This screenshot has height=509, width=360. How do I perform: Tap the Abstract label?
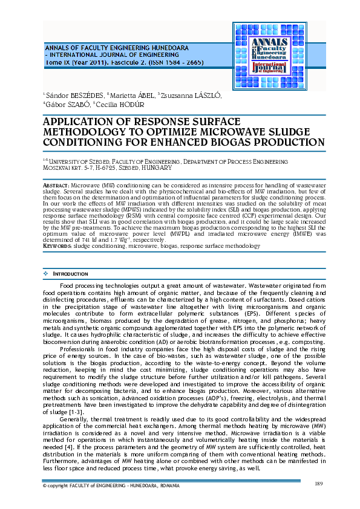tap(56, 183)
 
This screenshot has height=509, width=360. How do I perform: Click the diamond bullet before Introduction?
tap(46, 274)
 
